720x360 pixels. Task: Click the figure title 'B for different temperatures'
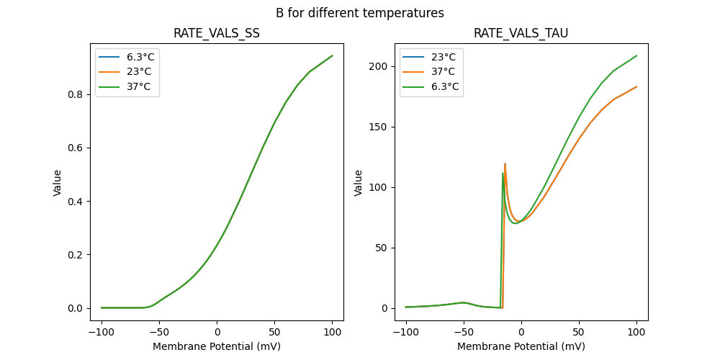[x=360, y=13]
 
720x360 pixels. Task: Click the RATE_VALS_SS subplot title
[x=217, y=34]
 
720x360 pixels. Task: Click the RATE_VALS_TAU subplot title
[x=521, y=34]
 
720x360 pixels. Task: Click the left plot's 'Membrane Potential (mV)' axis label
[x=217, y=346]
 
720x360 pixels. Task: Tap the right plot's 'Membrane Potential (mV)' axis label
[x=521, y=346]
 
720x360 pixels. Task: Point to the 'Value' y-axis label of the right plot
[x=358, y=183]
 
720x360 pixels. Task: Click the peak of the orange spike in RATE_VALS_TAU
[x=505, y=164]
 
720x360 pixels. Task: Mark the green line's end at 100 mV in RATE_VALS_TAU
[x=636, y=55]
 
